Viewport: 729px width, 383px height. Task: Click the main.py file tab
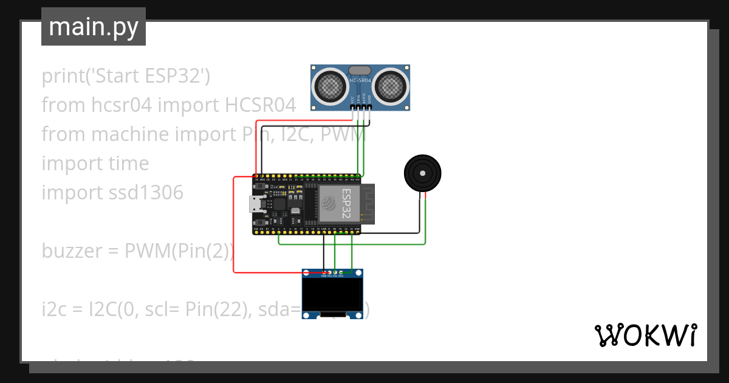94,27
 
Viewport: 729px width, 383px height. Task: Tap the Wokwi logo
645,335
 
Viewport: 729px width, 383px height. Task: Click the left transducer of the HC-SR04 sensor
331,86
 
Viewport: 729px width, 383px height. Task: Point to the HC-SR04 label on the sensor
360,80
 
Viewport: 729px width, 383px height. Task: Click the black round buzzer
423,173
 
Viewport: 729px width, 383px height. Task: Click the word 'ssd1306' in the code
146,193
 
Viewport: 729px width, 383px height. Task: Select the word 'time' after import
128,164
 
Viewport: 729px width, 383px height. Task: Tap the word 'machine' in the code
127,134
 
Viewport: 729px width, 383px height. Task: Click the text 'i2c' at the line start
53,309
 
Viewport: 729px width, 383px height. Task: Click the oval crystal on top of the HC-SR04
360,71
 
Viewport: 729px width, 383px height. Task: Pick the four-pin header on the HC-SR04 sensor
361,107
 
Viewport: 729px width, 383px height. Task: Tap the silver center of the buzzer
423,173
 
